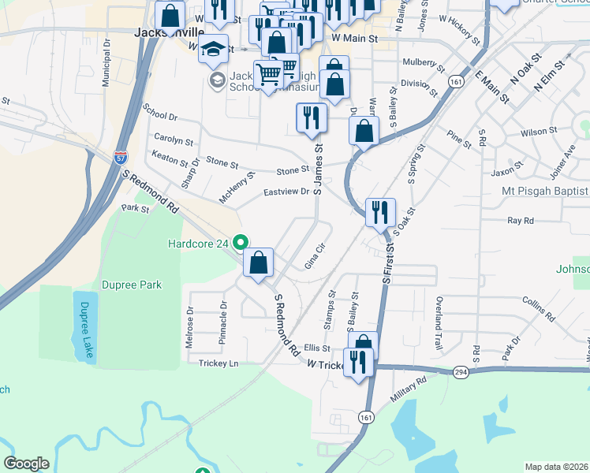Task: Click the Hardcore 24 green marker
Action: point(242,244)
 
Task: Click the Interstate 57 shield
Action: point(121,157)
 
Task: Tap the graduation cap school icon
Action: point(213,48)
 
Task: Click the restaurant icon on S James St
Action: point(312,119)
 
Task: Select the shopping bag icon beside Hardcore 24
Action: point(259,263)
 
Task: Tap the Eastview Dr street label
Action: point(286,192)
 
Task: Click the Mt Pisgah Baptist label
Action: point(545,191)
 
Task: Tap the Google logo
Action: point(26,464)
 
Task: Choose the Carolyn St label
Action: point(174,140)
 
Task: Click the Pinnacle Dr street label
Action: point(223,324)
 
